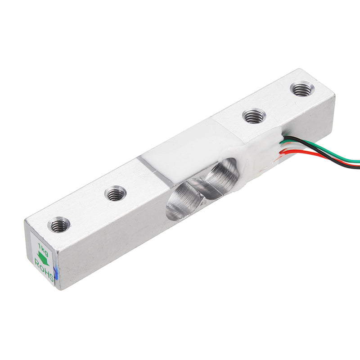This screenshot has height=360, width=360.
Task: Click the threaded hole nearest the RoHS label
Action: coord(59,225)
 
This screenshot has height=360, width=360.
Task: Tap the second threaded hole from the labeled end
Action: coord(116,194)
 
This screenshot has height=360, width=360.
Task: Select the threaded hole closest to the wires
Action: coord(254,116)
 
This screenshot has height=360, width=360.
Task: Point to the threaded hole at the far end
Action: coord(301,88)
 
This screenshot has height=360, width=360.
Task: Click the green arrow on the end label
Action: coord(43,257)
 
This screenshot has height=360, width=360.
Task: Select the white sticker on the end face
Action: coord(42,259)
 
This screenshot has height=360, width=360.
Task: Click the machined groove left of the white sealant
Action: coord(155,169)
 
